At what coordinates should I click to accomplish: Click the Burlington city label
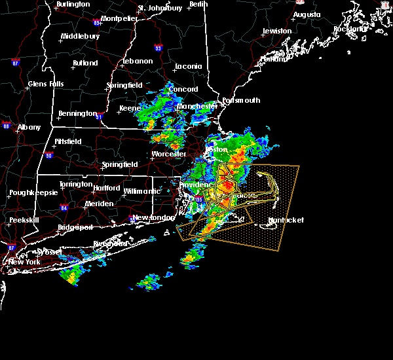(73, 4)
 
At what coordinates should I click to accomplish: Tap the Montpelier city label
(120, 18)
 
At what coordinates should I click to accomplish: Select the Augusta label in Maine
(307, 14)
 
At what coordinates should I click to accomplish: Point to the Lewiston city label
(277, 31)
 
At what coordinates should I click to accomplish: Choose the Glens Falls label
(46, 84)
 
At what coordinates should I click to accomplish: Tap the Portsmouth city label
(242, 101)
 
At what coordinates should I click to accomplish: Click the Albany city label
(28, 127)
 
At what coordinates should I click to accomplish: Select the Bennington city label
(77, 114)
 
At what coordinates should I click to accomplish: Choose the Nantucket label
(286, 221)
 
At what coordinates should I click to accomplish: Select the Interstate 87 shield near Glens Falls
(16, 63)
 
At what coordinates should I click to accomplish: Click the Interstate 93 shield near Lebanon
(158, 48)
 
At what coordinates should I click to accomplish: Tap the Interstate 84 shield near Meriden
(64, 208)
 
